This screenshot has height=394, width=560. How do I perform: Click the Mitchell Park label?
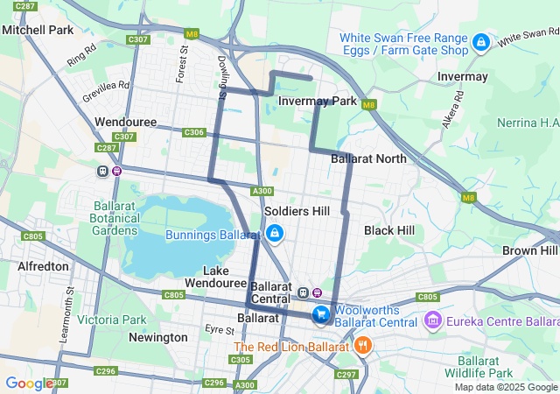[38, 30]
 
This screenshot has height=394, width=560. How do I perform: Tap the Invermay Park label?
[317, 102]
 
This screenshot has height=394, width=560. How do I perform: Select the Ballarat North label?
[368, 158]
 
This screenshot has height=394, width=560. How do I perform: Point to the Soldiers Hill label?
[297, 211]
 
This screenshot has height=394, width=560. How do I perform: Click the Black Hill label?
[389, 229]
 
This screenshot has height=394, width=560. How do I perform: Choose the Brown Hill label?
[529, 250]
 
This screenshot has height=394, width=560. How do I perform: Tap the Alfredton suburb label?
[43, 266]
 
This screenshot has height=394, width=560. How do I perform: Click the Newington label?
[157, 337]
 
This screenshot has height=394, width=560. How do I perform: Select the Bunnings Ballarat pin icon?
[275, 235]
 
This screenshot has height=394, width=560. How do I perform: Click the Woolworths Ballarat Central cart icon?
[321, 313]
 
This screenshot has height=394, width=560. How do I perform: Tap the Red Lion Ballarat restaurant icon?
[363, 346]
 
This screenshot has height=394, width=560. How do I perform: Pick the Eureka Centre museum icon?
[431, 322]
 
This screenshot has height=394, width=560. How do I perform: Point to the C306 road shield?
[194, 132]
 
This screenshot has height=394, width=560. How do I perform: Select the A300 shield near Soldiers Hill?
[262, 191]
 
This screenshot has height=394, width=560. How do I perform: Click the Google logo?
[28, 383]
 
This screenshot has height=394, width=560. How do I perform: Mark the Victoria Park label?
[112, 320]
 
